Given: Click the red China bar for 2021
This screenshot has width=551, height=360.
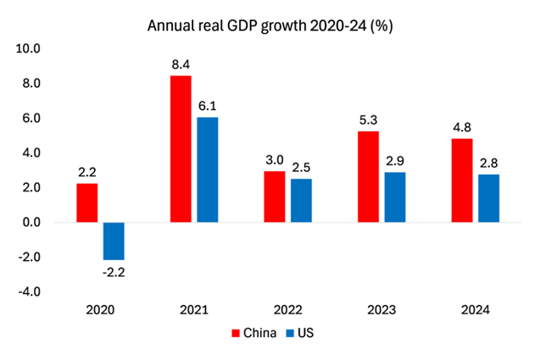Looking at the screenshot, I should click(x=181, y=149).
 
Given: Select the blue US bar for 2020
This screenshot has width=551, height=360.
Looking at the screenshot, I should click(x=114, y=241).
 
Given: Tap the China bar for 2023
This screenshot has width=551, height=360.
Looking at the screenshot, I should click(x=368, y=177).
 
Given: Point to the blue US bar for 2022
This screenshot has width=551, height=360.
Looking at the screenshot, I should click(x=301, y=201).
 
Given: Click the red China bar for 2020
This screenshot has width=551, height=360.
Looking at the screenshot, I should click(x=87, y=203).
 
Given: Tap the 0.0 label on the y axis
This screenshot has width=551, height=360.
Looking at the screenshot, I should click(x=31, y=223).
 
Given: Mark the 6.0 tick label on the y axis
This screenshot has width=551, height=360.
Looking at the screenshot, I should click(x=31, y=119).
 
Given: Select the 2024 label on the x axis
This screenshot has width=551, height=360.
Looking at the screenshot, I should click(x=476, y=311).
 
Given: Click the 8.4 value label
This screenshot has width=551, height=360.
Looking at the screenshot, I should click(x=181, y=64).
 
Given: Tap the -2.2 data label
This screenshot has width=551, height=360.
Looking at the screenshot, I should click(x=114, y=272).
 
